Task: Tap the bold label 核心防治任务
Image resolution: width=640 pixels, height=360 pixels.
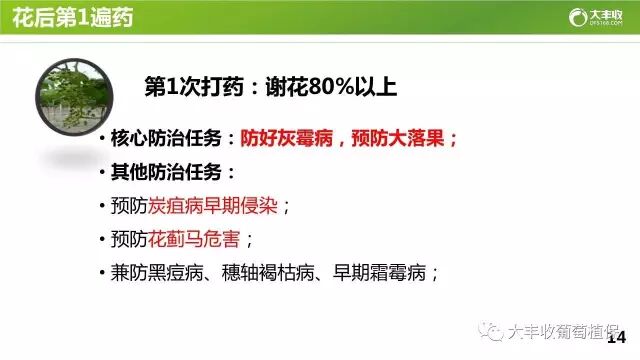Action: pos(171,139)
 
